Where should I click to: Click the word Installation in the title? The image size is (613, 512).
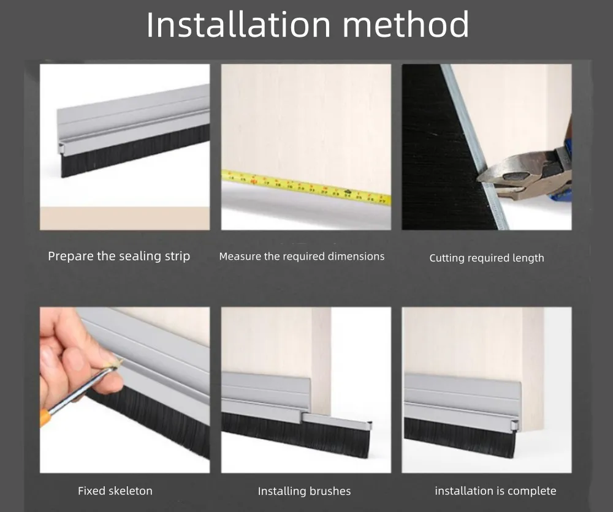[x=238, y=24]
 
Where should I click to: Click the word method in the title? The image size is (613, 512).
[x=406, y=24]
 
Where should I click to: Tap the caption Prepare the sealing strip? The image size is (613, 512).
[x=119, y=256]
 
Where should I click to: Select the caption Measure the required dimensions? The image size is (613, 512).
[x=302, y=256]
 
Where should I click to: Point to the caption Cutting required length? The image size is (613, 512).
[x=487, y=258]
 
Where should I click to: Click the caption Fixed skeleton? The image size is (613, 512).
[x=115, y=491]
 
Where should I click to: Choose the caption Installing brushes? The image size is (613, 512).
[x=304, y=491]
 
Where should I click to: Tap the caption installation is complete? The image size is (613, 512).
[x=495, y=491]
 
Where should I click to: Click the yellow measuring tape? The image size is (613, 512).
[x=306, y=187]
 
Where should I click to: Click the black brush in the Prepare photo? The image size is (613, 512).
[x=135, y=151]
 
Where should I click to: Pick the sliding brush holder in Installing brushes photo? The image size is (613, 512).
[x=336, y=420]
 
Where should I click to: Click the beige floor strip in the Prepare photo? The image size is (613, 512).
[x=124, y=218]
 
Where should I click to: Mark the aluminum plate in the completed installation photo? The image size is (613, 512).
[x=462, y=398]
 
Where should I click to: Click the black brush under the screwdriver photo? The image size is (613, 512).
[x=153, y=426]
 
